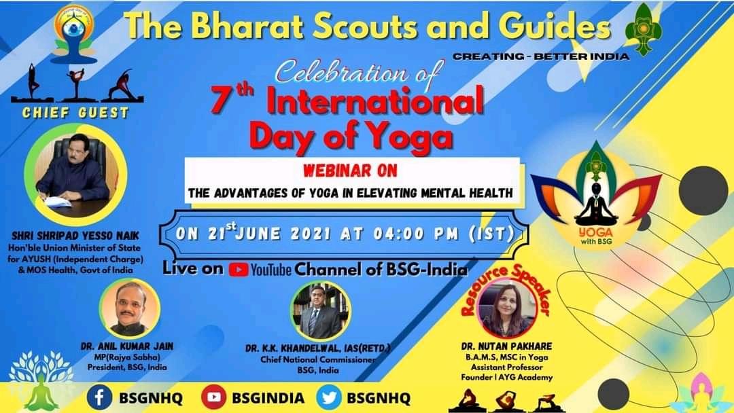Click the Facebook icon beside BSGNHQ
point(99,397)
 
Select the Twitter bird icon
point(328,397)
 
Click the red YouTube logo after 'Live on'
point(238,269)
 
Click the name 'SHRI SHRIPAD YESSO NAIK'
point(75,236)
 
